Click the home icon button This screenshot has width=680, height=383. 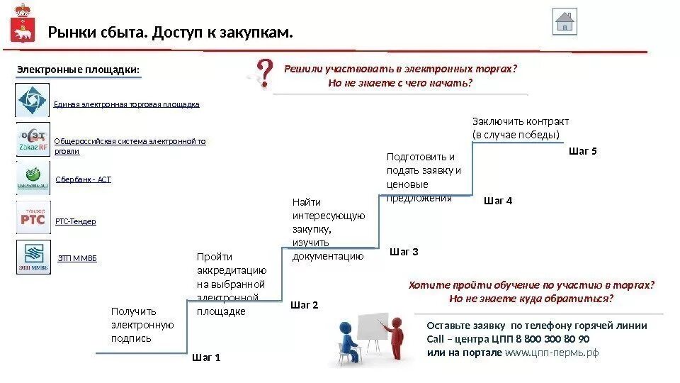[565, 21]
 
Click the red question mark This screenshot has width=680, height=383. [263, 74]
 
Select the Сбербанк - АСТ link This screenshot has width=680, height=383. [83, 180]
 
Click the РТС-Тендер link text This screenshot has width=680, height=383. [75, 221]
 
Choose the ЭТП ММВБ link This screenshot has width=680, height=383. [76, 259]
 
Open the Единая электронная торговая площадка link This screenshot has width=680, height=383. [126, 104]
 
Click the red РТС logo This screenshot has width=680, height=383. [33, 217]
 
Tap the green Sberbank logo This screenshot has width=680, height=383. [33, 177]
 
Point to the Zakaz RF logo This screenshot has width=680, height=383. [33, 139]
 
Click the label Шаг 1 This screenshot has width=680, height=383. [207, 358]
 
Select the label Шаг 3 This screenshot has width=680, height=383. [404, 252]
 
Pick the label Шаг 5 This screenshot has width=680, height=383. [583, 150]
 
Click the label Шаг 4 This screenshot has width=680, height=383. [497, 201]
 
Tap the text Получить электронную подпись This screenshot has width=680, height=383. [142, 325]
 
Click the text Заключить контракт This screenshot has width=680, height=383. [520, 121]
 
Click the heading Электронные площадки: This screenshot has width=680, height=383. [79, 70]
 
